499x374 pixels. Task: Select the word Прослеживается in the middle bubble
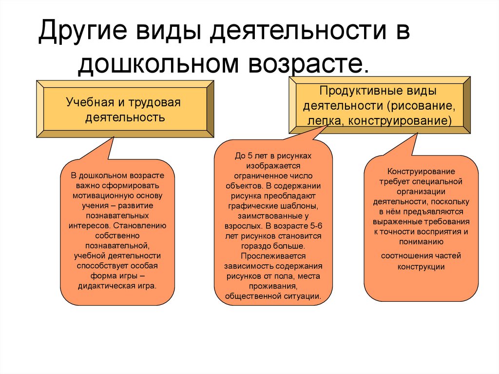272,256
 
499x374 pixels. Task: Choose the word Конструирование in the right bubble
421,172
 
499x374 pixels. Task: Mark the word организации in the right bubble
421,191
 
